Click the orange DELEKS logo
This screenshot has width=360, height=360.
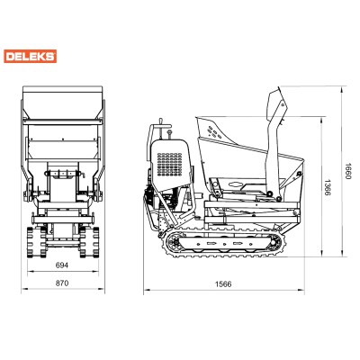(30, 57)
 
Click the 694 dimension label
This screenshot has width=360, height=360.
(62, 265)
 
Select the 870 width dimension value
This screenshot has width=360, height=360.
(62, 283)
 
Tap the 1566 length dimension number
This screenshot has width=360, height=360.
(223, 283)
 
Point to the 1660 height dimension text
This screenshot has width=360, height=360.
(347, 171)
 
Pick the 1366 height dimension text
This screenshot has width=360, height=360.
(328, 187)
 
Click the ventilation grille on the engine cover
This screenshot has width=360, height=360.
(170, 165)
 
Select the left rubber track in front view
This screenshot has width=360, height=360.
(33, 242)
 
